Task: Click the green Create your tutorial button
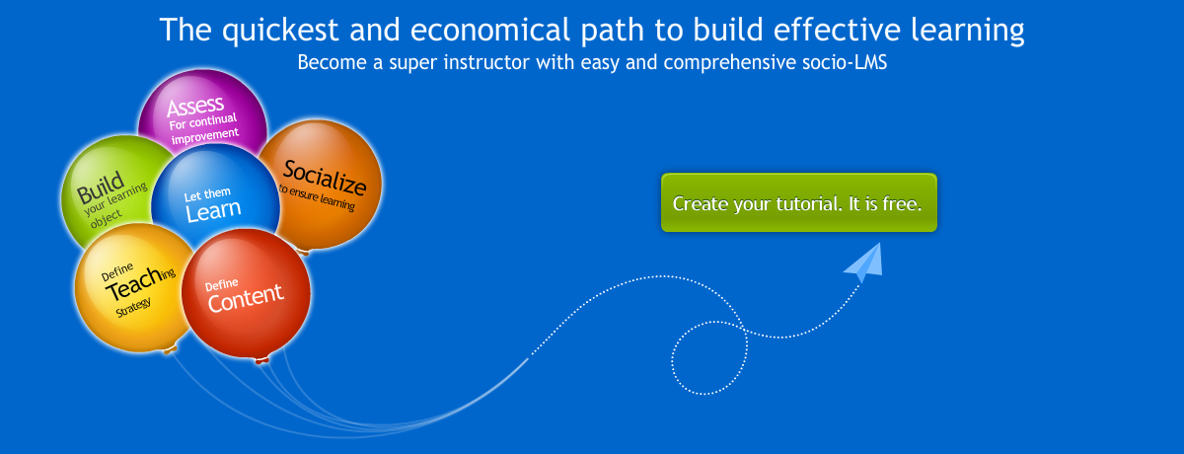798,202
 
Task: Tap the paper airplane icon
864,263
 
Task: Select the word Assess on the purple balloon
195,107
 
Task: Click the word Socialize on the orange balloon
325,177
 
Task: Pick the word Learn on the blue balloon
213,211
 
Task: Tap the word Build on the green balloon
101,188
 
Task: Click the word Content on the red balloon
246,298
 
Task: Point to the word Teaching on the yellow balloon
140,282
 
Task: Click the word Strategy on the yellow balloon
134,307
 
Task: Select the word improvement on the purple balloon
205,136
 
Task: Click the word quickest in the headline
280,30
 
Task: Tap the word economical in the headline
490,30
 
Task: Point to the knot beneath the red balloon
262,360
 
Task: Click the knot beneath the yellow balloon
170,349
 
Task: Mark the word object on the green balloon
106,218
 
